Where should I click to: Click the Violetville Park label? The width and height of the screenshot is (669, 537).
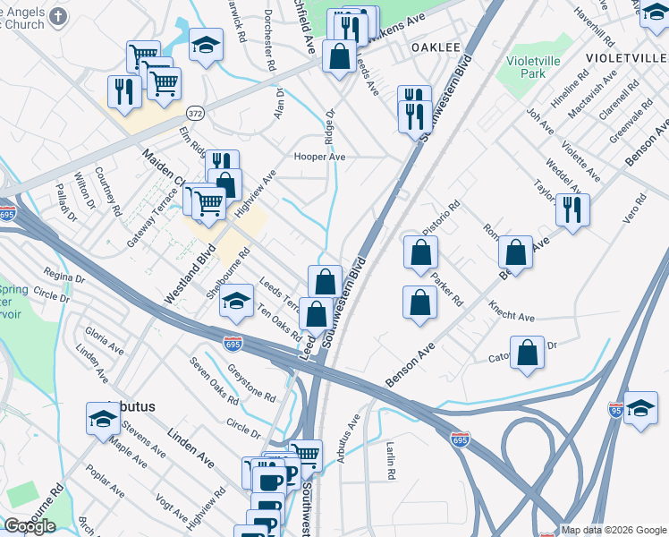pos(538,69)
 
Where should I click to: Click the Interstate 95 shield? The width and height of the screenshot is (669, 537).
pos(614,410)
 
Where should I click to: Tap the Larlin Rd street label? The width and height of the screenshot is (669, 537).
pos(391,458)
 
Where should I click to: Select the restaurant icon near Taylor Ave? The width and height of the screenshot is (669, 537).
pos(572,210)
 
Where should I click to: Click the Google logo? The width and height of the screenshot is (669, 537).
pos(30,526)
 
